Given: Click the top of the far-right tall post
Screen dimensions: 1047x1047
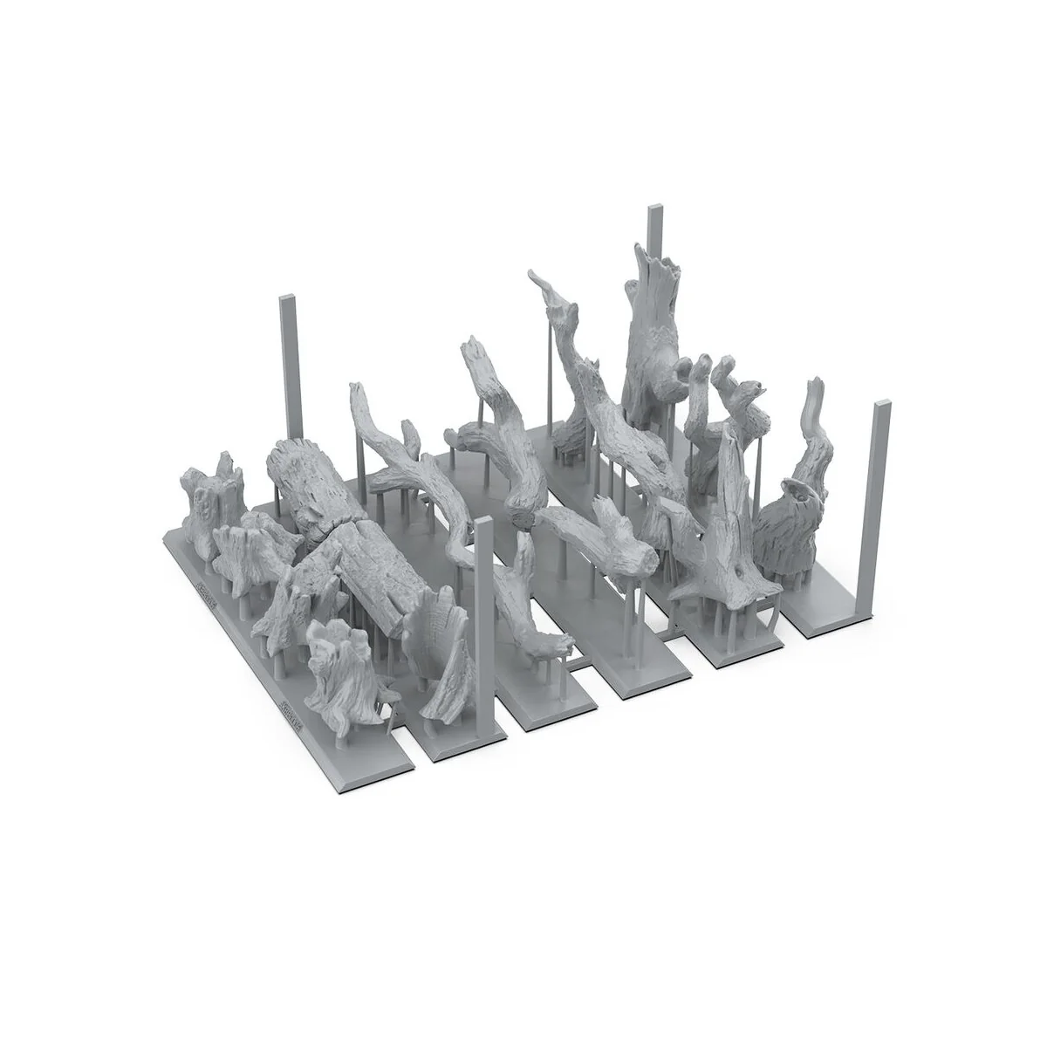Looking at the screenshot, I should point(879,405).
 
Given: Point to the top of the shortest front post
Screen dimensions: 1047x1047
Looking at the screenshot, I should point(482,523).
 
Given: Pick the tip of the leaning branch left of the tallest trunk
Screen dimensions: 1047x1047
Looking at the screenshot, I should point(534,279).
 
